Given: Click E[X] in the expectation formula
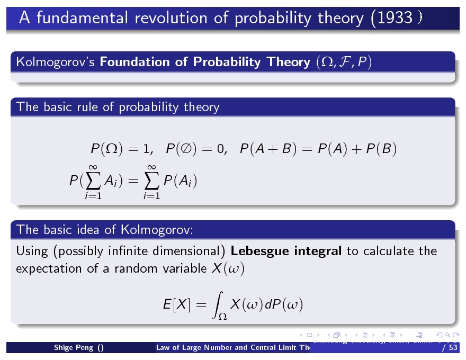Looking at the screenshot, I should (177, 305).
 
